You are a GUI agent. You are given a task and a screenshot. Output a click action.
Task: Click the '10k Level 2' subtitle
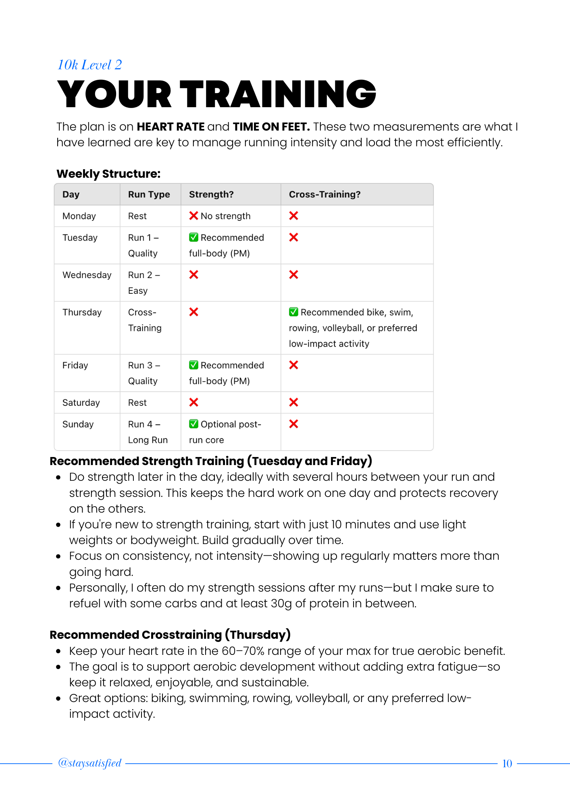coord(89,65)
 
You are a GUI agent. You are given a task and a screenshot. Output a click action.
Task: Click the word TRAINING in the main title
coord(278,94)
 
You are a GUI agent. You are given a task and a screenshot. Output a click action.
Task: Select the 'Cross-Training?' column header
coord(325,194)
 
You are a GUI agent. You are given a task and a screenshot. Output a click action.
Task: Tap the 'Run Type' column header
coord(149,194)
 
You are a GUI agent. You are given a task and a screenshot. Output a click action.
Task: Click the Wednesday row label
coord(87,275)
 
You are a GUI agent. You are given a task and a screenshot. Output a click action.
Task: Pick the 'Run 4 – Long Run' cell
coord(148,432)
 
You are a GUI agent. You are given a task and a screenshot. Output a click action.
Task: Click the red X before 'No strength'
coord(193,216)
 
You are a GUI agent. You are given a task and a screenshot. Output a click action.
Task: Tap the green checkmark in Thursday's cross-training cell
coord(293,312)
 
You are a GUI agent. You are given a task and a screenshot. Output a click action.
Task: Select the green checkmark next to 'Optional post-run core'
coord(193,424)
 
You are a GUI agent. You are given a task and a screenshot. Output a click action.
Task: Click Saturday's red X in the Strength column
coord(193,402)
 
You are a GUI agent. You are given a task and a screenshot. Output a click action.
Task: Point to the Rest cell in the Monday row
coord(137,216)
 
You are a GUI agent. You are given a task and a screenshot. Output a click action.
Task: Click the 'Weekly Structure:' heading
coord(108,174)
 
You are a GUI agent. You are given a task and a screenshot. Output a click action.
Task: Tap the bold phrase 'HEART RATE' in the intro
coord(171,127)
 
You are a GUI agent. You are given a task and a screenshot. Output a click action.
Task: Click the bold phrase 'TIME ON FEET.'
coord(271,127)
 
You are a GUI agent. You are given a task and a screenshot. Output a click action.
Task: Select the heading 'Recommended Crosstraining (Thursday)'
coord(170,635)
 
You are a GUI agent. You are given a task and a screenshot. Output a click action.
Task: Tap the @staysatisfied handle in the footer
coord(89,763)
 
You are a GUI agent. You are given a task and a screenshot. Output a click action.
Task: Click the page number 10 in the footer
coord(507,764)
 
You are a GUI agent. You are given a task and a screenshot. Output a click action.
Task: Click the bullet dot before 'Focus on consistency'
coord(58,556)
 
